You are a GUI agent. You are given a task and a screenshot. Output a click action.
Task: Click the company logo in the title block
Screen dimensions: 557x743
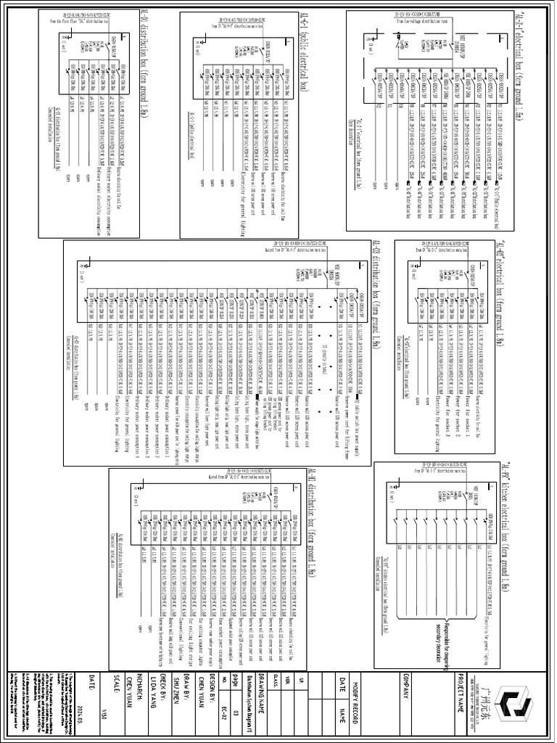(518, 704)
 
